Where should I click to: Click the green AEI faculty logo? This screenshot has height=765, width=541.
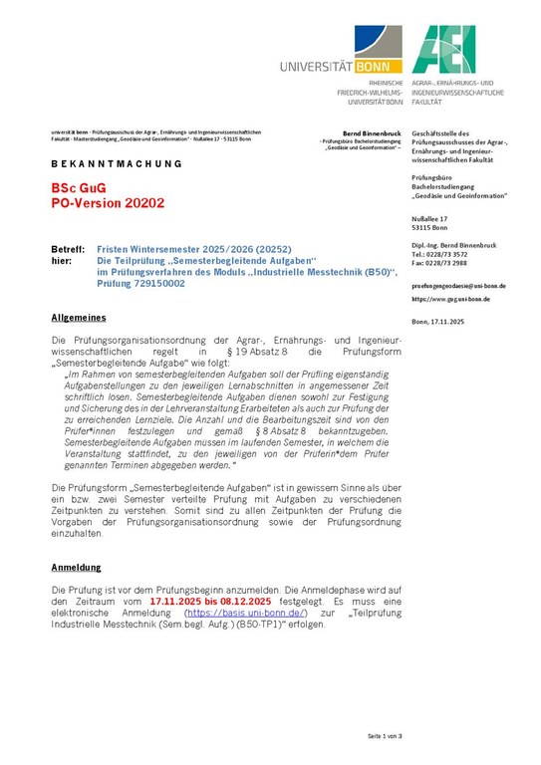pyautogui.click(x=443, y=50)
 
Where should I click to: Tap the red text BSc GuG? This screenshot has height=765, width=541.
pyautogui.click(x=76, y=187)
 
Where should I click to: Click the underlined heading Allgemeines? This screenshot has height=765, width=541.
pyautogui.click(x=78, y=317)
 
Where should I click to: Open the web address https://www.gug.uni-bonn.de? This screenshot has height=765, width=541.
pyautogui.click(x=450, y=299)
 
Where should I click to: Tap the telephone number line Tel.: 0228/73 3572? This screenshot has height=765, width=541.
pyautogui.click(x=438, y=254)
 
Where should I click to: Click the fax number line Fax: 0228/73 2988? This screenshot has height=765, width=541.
pyautogui.click(x=438, y=262)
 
